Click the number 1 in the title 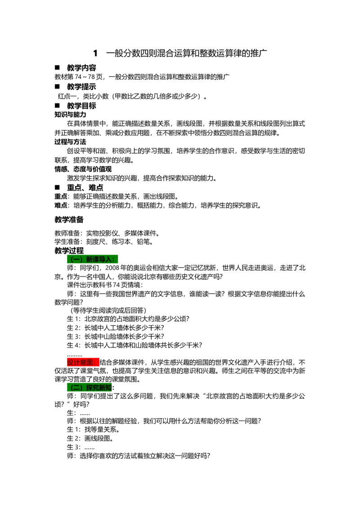[x=95, y=53]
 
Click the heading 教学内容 [x=81, y=67]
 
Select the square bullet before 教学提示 [x=58, y=86]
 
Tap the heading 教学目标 [x=81, y=106]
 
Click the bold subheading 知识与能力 [x=70, y=114]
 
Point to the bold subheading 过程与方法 [x=70, y=142]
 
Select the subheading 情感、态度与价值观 [x=83, y=169]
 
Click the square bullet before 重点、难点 [x=58, y=187]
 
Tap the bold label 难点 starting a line [x=61, y=205]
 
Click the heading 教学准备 [x=69, y=219]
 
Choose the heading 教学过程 [x=69, y=250]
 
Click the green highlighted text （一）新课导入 [x=92, y=259]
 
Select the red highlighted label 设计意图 [x=83, y=362]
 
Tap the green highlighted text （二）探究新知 [x=90, y=387]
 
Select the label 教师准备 [x=67, y=233]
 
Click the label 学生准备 [x=67, y=241]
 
